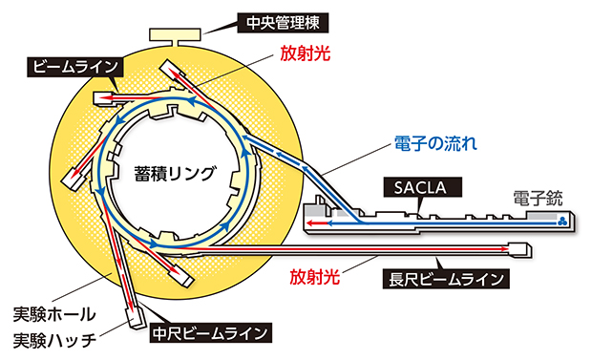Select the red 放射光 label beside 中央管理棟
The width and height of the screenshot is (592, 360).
tap(305, 54)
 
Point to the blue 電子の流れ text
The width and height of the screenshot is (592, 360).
tap(435, 144)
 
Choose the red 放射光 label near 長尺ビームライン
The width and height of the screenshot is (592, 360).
tap(314, 280)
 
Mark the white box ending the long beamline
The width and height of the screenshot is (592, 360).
tap(518, 250)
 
